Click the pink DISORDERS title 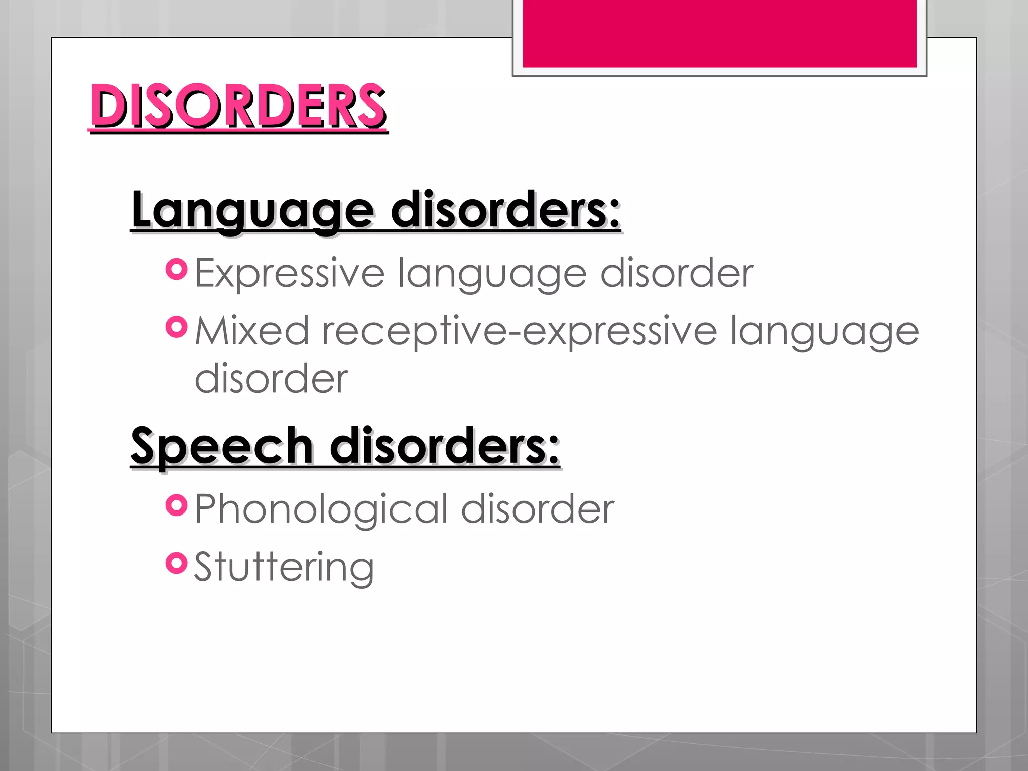pyautogui.click(x=238, y=106)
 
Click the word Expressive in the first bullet pyautogui.click(x=290, y=273)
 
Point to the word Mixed pyautogui.click(x=251, y=331)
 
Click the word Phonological pyautogui.click(x=321, y=509)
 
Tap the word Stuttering pyautogui.click(x=284, y=567)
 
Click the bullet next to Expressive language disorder pyautogui.click(x=176, y=270)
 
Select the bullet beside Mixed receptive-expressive pyautogui.click(x=176, y=328)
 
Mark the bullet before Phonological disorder pyautogui.click(x=176, y=505)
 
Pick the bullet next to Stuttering pyautogui.click(x=176, y=563)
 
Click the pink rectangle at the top pyautogui.click(x=719, y=33)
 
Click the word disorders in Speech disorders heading pyautogui.click(x=445, y=446)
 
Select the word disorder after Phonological pyautogui.click(x=538, y=509)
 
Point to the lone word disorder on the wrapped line pyautogui.click(x=271, y=378)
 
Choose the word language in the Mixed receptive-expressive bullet pyautogui.click(x=824, y=331)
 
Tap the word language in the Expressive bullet pyautogui.click(x=492, y=274)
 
